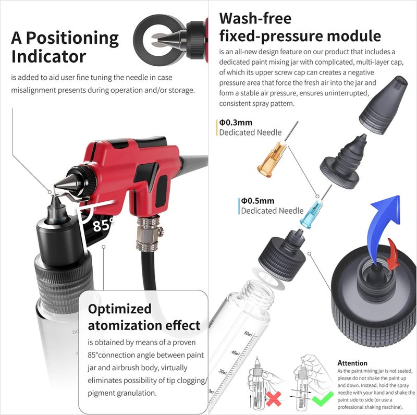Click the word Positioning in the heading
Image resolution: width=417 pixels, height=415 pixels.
[x=72, y=38]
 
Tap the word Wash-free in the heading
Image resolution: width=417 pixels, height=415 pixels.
[x=255, y=19]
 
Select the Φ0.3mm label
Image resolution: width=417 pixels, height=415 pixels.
[x=236, y=123]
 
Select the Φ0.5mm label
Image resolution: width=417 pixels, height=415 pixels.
[x=257, y=201]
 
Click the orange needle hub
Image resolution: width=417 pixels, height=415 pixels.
[x=272, y=160]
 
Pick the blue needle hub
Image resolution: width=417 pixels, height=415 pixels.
[x=311, y=215]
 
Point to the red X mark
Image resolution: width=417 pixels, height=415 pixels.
[x=273, y=398]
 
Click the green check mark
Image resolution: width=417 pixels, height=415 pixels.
[x=322, y=398]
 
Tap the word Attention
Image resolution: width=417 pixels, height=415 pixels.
[x=352, y=363]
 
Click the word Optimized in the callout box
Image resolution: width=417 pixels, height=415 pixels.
[x=119, y=309]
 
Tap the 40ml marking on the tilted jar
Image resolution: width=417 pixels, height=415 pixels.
[x=235, y=353]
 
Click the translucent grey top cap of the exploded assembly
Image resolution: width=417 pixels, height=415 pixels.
[x=383, y=105]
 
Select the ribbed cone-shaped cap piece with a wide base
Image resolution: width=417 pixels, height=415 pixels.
[x=344, y=162]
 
